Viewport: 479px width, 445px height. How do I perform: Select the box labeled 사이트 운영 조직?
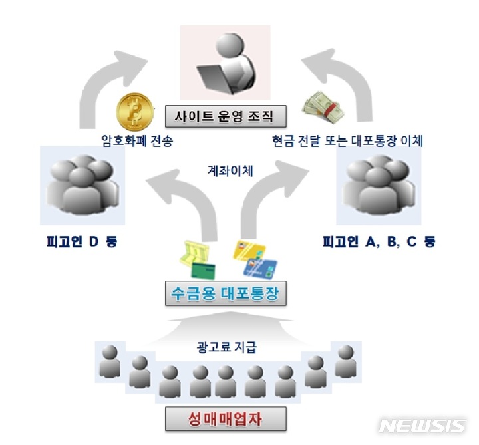click(x=226, y=117)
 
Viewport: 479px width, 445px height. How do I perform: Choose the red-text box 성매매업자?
click(x=226, y=418)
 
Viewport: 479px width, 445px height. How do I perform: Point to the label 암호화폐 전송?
click(x=133, y=141)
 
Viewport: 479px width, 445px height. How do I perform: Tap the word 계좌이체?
click(x=228, y=171)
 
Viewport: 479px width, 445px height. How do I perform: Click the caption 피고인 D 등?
click(x=82, y=240)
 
